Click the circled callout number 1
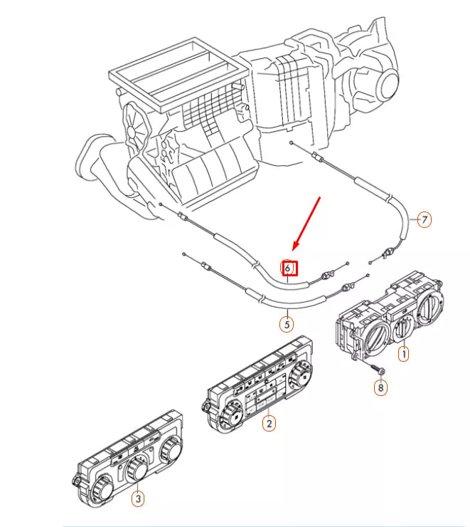point(403,353)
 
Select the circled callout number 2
point(268,424)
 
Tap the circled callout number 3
point(138,499)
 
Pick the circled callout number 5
point(286,324)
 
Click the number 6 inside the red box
point(289,268)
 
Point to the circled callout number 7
point(424,219)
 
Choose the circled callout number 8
point(381,387)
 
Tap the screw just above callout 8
point(377,370)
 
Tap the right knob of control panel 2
point(300,375)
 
